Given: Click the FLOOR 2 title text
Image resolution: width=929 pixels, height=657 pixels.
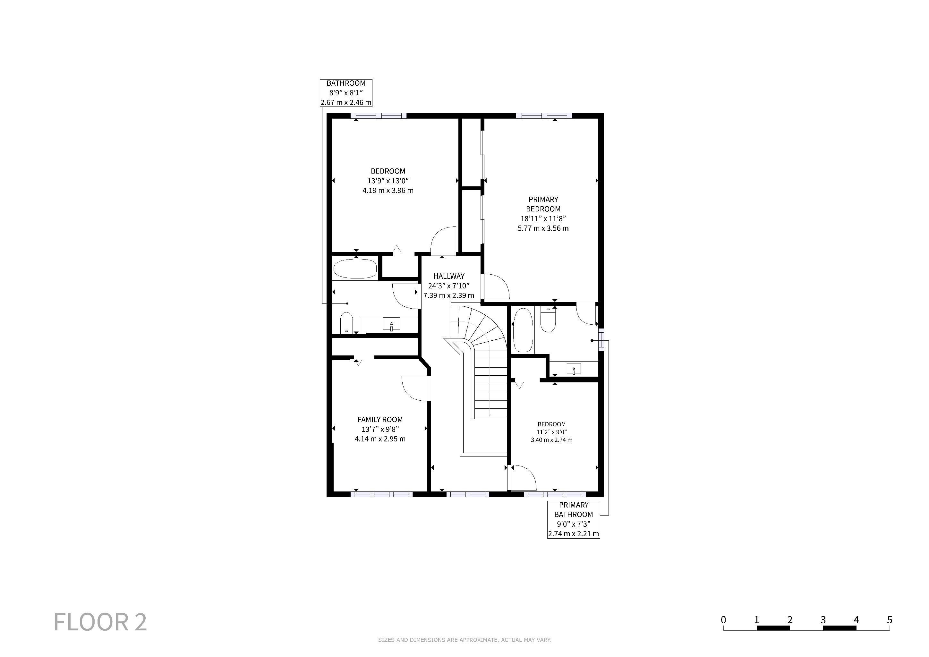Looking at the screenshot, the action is coord(100,622).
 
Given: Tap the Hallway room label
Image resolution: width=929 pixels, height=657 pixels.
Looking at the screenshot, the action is coord(449,276).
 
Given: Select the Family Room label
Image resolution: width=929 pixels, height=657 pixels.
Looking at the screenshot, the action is coord(380,420).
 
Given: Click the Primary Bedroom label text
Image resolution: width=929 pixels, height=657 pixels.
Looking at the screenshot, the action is coord(543,204).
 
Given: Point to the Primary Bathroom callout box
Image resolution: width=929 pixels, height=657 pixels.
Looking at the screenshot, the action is coord(573,519).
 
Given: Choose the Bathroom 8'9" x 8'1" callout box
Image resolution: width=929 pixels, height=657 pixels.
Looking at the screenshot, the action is coord(346,93).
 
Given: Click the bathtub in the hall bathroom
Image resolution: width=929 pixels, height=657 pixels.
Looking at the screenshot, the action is coord(355,269).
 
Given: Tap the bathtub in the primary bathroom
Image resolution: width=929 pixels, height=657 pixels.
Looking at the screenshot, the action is coord(523,330).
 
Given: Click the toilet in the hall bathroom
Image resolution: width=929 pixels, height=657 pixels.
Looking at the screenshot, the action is coord(346,323).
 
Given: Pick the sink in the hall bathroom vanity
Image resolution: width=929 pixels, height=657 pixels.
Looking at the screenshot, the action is coord(391,324).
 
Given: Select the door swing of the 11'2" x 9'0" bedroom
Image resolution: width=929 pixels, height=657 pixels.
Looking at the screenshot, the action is coord(524,478).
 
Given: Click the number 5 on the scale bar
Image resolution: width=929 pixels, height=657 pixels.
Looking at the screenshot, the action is coord(889,620).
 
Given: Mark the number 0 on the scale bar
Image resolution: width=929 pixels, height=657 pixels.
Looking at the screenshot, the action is coord(723,620).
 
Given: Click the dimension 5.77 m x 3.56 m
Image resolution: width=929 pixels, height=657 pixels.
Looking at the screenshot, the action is coord(543,228).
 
